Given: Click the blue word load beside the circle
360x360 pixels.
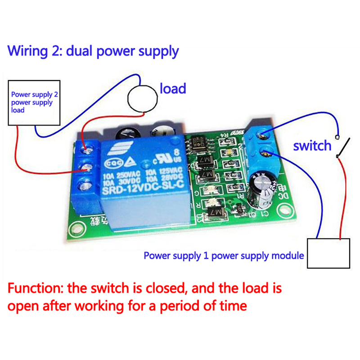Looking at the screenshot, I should coord(173,88).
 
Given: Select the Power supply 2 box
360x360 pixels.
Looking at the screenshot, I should coord(33,103).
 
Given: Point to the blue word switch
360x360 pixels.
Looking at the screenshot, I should coord(312,145).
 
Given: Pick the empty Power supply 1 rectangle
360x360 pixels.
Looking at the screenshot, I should coord(328,253).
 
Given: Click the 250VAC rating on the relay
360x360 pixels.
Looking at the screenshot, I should coord(129,172).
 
